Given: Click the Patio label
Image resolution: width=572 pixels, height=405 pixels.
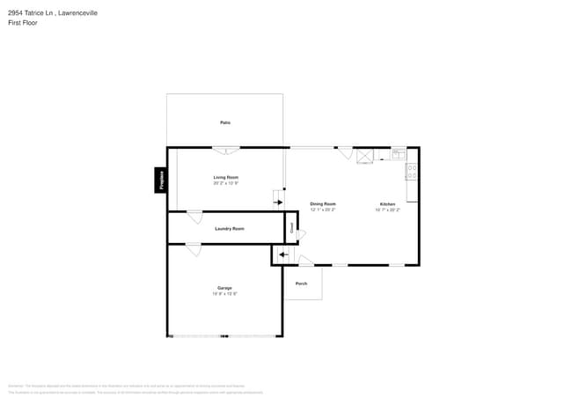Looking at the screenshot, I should pyautogui.click(x=225, y=122).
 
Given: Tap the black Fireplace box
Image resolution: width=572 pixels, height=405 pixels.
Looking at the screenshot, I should pyautogui.click(x=161, y=180).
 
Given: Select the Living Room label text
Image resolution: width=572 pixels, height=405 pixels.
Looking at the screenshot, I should pyautogui.click(x=225, y=177).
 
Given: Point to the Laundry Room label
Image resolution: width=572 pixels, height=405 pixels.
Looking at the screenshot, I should pyautogui.click(x=229, y=228).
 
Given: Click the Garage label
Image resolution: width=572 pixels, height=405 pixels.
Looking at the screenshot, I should pyautogui.click(x=224, y=288).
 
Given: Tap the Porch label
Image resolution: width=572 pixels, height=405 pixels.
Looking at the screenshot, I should pyautogui.click(x=301, y=283).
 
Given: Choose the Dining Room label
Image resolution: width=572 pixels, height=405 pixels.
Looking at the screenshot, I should pyautogui.click(x=323, y=203).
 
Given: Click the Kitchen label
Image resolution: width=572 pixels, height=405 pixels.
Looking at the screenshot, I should pyautogui.click(x=387, y=203).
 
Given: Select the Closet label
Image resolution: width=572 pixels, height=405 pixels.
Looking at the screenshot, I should pyautogui.click(x=290, y=228).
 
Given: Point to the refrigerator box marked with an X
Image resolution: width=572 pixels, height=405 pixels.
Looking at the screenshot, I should pyautogui.click(x=364, y=156).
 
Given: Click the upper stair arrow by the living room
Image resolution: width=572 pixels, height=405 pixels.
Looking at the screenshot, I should pyautogui.click(x=278, y=202).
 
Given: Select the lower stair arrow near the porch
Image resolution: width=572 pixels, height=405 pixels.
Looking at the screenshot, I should pyautogui.click(x=282, y=255).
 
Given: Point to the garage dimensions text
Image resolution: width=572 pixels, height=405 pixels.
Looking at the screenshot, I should pyautogui.click(x=224, y=294).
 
